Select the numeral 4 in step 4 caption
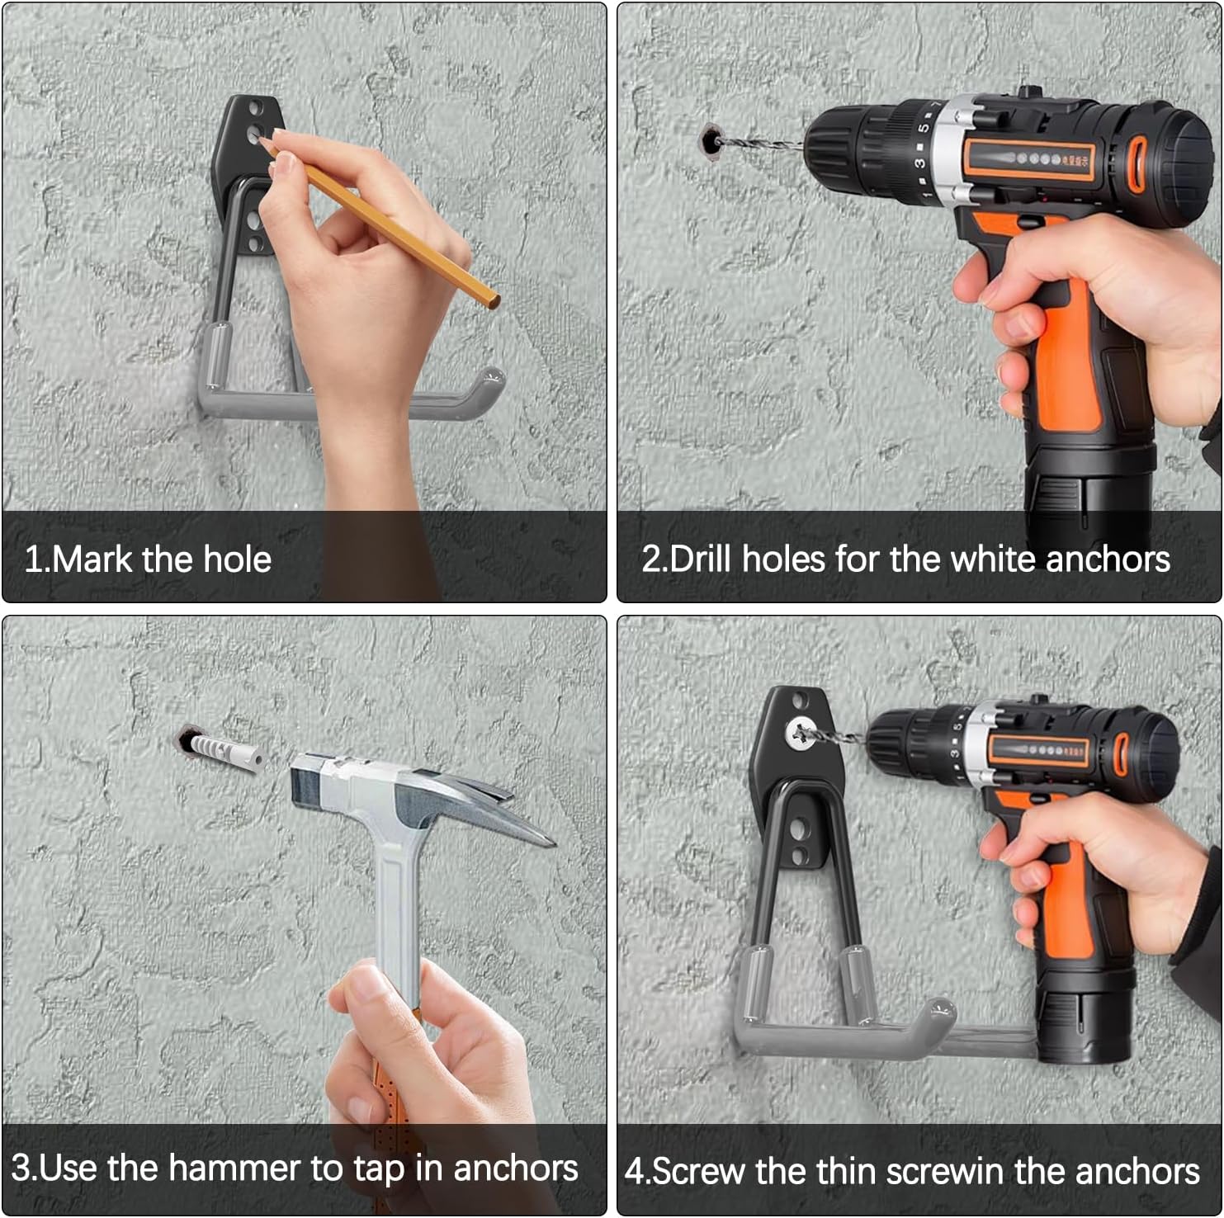pos(634,1171)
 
